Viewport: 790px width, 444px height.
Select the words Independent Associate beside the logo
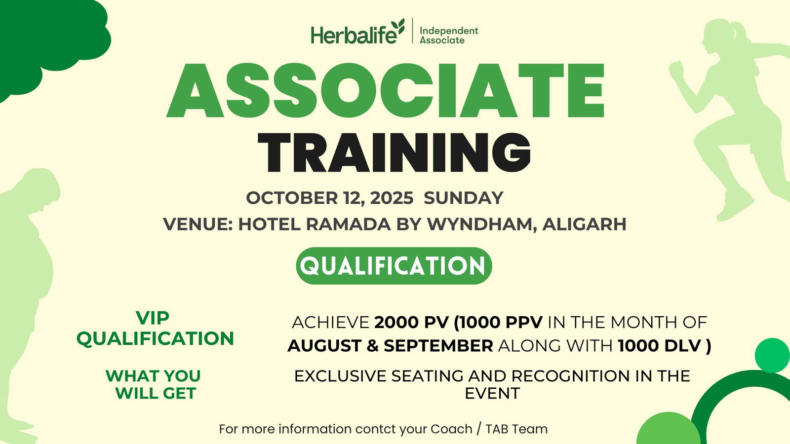coord(449,35)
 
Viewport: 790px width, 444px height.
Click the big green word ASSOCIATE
coord(386,91)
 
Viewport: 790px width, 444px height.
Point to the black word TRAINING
coord(395,153)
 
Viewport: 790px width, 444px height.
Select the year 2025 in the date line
coord(392,198)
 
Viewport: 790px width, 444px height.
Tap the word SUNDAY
coord(464,198)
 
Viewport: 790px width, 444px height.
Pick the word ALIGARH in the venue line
coord(585,224)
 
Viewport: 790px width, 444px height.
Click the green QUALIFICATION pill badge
coord(394,266)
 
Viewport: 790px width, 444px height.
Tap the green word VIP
coord(153,318)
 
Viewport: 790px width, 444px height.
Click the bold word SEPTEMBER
coord(438,346)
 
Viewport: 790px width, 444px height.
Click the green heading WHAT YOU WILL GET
coord(154,384)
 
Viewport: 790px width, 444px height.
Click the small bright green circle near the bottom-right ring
coord(772,355)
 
